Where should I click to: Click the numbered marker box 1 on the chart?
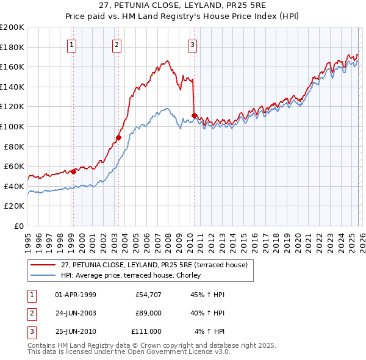pos(73,44)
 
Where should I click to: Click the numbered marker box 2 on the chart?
pos(117,44)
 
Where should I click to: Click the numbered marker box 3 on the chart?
pos(192,44)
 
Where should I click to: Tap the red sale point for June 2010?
pos(194,115)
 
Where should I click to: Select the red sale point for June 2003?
pos(118,137)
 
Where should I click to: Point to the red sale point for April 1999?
pos(73,171)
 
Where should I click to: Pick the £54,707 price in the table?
pos(149,295)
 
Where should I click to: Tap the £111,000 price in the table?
pos(146,331)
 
